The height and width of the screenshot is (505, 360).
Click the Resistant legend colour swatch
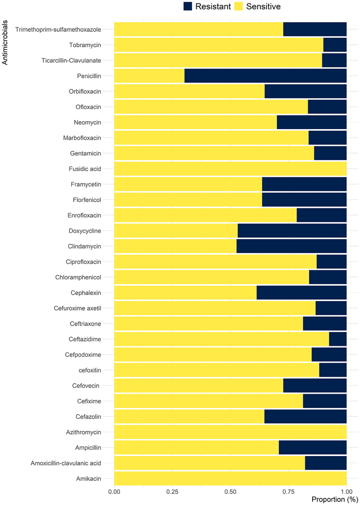pos(188,6)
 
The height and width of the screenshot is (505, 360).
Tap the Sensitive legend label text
pos(263,7)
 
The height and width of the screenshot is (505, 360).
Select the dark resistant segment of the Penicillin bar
pos(265,76)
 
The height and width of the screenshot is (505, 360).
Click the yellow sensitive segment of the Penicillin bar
pos(149,76)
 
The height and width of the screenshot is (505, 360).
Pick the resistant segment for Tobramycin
pos(335,45)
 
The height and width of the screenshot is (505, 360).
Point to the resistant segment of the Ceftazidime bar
pos(338,339)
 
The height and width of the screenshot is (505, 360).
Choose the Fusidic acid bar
pos(230,169)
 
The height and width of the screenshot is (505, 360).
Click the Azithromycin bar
pos(230,432)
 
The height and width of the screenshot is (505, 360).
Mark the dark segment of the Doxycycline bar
pos(292,231)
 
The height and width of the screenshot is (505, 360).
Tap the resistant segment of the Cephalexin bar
pos(301,293)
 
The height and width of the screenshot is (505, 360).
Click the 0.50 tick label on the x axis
pos(230,492)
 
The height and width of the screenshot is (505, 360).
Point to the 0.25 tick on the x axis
pos(172,492)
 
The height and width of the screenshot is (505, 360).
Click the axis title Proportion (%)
pos(335,499)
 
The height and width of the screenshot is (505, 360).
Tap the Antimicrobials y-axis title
pos(5,42)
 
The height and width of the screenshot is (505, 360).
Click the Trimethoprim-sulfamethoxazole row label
pos(58,30)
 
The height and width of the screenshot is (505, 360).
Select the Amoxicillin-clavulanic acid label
pos(66,463)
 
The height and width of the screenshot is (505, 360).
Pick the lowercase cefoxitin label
pos(90,370)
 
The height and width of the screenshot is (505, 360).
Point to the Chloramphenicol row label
pos(78,277)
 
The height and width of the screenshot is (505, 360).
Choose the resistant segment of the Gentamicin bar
pos(330,153)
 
